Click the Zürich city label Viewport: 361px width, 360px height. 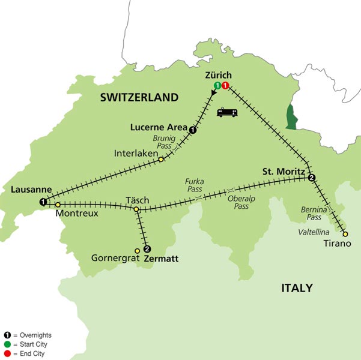pyautogui.click(x=218, y=76)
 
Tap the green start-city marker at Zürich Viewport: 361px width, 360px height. pyautogui.click(x=216, y=86)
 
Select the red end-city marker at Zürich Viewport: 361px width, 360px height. pyautogui.click(x=225, y=86)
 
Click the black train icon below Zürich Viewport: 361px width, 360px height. pyautogui.click(x=228, y=112)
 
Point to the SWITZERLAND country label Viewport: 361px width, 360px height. pyautogui.click(x=139, y=97)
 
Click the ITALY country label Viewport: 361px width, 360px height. pyautogui.click(x=297, y=289)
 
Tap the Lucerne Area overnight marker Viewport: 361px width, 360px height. pyautogui.click(x=192, y=129)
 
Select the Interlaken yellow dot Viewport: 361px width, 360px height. pyautogui.click(x=161, y=159)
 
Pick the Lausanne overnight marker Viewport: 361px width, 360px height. pyautogui.click(x=43, y=202)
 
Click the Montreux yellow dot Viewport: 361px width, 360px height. pyautogui.click(x=58, y=205)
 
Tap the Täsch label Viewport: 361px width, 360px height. pyautogui.click(x=137, y=199)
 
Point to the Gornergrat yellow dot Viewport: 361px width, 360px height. pyautogui.click(x=137, y=250)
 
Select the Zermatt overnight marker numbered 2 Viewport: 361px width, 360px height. pyautogui.click(x=147, y=249)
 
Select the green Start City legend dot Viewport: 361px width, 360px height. pyautogui.click(x=7, y=344)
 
